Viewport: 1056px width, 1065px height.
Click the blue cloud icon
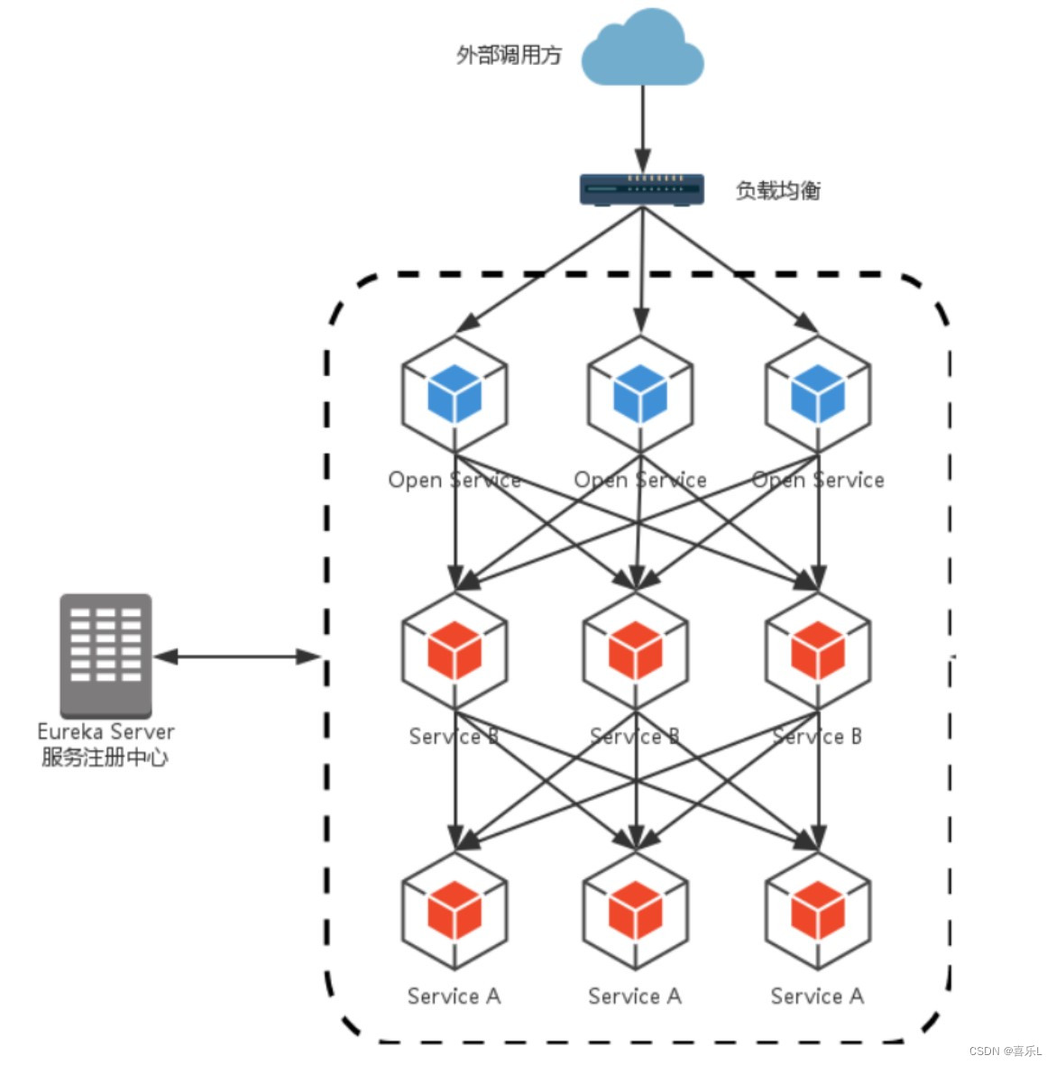[642, 49]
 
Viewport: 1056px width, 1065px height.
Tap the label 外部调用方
[509, 55]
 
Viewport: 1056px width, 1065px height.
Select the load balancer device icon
[641, 189]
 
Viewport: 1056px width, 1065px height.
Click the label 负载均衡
[778, 190]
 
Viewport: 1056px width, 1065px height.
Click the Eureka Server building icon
[106, 655]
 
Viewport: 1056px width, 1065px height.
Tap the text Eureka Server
[106, 731]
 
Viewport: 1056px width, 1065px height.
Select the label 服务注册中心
[105, 757]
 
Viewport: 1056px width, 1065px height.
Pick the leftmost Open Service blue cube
[455, 393]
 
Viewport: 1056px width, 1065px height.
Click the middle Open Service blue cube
[640, 393]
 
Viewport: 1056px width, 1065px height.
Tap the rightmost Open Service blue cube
[818, 393]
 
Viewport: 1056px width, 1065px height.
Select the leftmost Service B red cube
[455, 650]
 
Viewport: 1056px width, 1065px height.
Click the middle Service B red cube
[636, 650]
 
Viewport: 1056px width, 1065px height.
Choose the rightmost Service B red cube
[818, 650]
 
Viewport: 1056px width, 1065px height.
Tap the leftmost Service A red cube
[455, 910]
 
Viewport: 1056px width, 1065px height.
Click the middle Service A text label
[635, 996]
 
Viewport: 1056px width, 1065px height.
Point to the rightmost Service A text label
[817, 996]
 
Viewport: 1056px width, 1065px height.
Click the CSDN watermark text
[1005, 1051]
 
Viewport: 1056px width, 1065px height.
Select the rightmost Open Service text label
[818, 480]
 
